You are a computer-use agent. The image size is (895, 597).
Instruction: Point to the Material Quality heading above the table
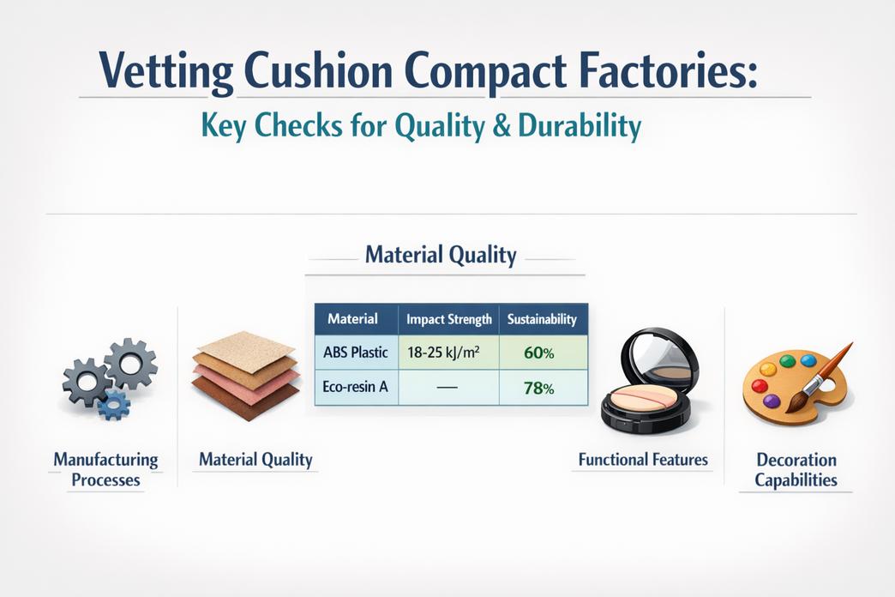click(441, 255)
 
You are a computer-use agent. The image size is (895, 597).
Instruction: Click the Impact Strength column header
click(448, 319)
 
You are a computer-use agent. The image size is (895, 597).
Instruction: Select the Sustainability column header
click(542, 319)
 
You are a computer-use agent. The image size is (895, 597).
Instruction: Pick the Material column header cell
click(352, 319)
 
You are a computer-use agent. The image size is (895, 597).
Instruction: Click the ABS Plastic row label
click(356, 353)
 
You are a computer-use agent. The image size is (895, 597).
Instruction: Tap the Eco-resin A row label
click(356, 387)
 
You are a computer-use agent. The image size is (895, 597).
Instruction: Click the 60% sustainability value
click(539, 353)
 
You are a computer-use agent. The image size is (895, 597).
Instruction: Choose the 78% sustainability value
click(539, 388)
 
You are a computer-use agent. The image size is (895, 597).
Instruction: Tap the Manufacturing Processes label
click(105, 469)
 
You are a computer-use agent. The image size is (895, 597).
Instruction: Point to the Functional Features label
click(643, 460)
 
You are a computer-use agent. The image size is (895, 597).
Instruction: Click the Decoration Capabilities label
click(796, 470)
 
